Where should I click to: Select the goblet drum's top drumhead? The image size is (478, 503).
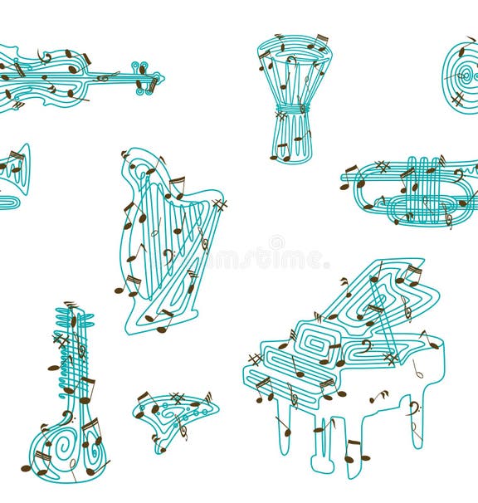(294, 46)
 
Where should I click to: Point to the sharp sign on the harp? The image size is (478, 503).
(219, 204)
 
